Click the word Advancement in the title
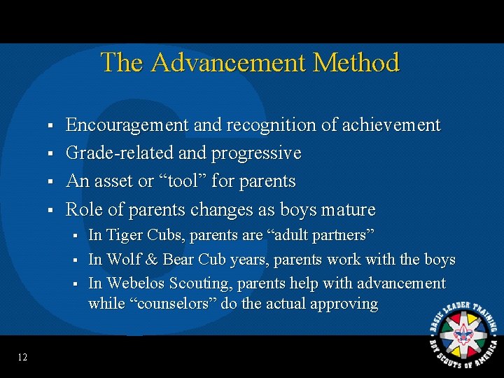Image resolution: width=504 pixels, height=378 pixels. [x=229, y=63]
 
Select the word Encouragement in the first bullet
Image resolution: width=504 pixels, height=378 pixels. [x=127, y=125]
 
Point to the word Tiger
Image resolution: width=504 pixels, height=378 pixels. [x=125, y=235]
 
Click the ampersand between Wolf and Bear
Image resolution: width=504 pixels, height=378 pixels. [x=151, y=260]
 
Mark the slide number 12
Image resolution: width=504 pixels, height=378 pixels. [x=22, y=358]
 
